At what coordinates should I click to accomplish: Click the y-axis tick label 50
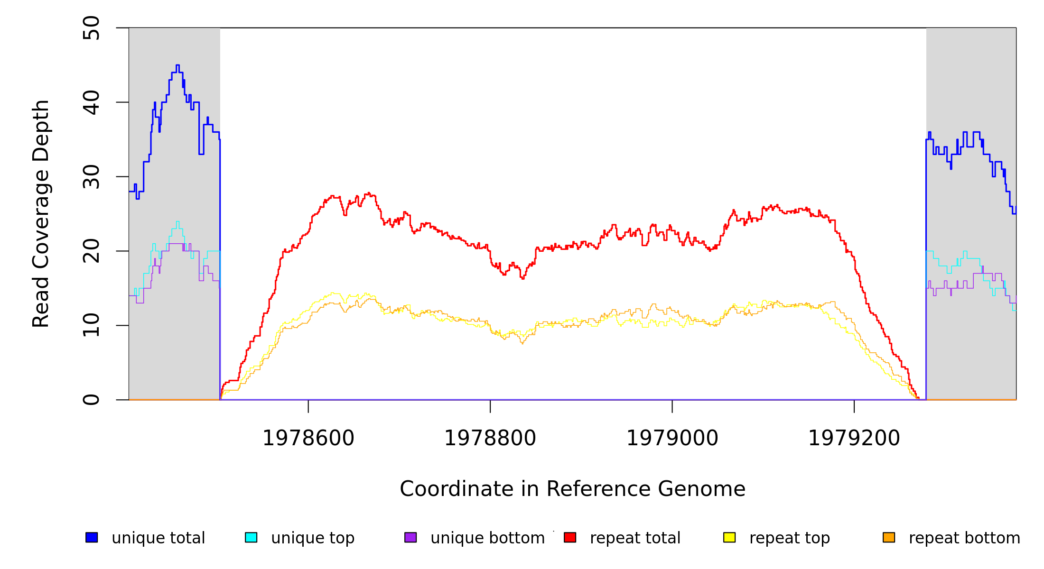[x=91, y=28]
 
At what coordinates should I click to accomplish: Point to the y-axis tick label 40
[x=91, y=102]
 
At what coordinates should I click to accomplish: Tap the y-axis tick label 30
[x=91, y=177]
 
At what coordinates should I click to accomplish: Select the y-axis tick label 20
[x=91, y=251]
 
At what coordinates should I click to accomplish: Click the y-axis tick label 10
[x=91, y=325]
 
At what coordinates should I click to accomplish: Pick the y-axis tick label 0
[x=91, y=400]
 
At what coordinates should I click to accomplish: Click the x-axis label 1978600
[x=308, y=438]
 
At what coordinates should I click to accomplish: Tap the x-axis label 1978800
[x=490, y=438]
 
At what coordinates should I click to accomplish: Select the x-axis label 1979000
[x=672, y=438]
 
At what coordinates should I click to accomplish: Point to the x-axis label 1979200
[x=854, y=438]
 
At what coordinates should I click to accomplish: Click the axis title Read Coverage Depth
[x=41, y=213]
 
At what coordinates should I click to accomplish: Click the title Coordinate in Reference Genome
[x=572, y=489]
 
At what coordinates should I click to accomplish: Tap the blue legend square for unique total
[x=92, y=537]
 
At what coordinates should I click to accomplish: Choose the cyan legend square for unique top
[x=251, y=537]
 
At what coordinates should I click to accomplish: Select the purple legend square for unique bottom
[x=410, y=537]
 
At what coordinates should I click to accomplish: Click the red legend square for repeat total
[x=570, y=537]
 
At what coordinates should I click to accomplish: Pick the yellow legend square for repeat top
[x=729, y=537]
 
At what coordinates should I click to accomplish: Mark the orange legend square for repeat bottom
[x=889, y=537]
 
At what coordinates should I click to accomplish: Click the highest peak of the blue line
[x=177, y=65]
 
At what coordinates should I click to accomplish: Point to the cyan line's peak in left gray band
[x=177, y=221]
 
